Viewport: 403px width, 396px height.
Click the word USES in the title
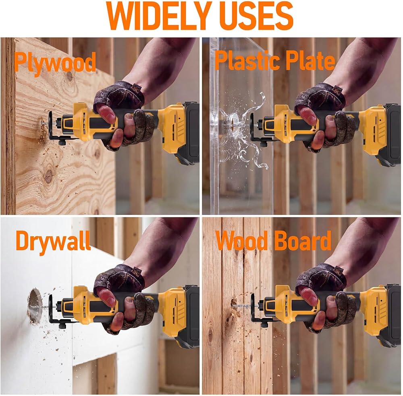[x=257, y=16]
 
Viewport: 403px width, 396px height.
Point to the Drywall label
[x=53, y=241]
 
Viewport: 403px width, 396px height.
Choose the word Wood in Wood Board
[x=241, y=240]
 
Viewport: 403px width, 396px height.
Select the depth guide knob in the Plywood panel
[x=62, y=142]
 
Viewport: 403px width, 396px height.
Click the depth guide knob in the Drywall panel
[x=62, y=326]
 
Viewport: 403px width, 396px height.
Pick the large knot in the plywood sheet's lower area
[x=49, y=175]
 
